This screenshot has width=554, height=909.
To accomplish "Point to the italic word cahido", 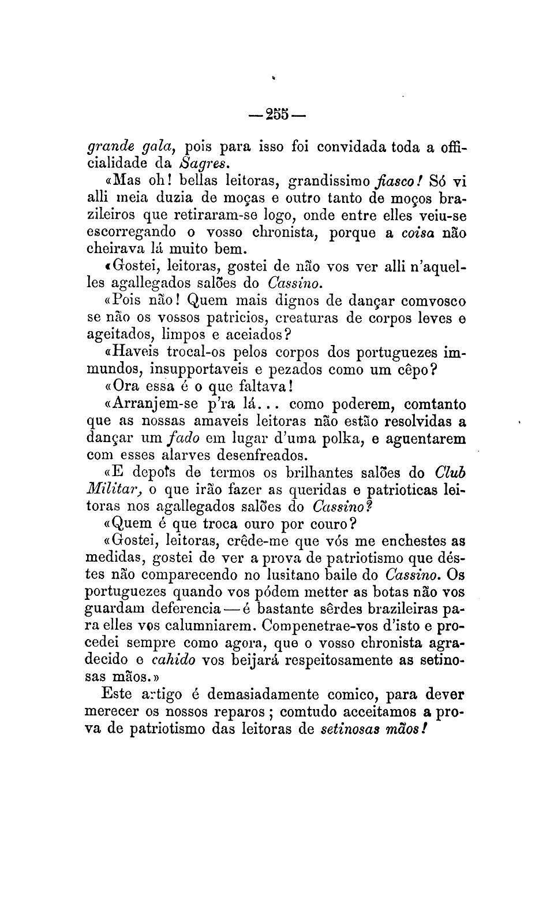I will (173, 660).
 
